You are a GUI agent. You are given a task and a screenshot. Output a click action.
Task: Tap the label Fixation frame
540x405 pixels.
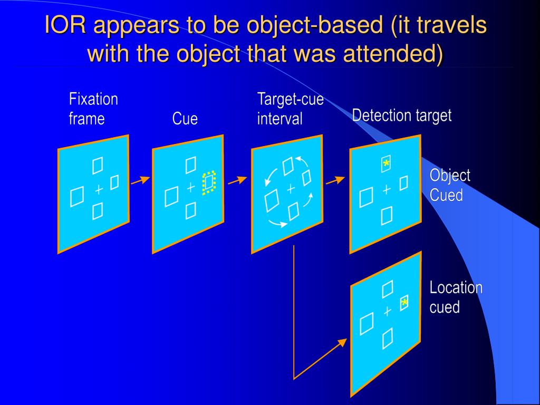[x=93, y=109]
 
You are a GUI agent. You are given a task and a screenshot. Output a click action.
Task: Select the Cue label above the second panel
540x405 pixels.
[x=185, y=119]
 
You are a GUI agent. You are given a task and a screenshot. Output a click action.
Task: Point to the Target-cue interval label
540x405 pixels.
[x=290, y=109]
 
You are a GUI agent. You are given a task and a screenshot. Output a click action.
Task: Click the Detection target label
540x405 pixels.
[x=402, y=115]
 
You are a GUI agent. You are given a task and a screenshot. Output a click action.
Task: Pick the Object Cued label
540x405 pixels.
[x=450, y=185]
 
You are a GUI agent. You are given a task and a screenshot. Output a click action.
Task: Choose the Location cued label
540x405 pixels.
[x=456, y=297]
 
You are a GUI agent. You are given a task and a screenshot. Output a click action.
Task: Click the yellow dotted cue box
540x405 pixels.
[x=209, y=182]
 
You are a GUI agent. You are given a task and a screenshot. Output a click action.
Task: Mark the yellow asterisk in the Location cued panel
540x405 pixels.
[x=404, y=303]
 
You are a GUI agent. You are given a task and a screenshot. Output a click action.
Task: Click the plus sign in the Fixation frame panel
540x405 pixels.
[x=98, y=189]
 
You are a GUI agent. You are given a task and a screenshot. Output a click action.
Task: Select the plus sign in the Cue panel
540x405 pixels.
[x=191, y=188]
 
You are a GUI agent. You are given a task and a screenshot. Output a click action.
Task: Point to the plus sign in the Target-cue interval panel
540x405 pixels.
[x=290, y=188]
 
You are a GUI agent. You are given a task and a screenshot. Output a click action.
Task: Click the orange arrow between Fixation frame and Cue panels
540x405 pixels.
[x=140, y=181]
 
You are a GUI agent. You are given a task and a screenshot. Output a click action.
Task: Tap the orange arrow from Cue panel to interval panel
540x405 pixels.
[x=238, y=180]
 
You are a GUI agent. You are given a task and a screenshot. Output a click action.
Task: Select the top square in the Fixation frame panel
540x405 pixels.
[x=98, y=166]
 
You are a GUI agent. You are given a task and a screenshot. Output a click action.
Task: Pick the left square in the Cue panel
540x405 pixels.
[x=171, y=198]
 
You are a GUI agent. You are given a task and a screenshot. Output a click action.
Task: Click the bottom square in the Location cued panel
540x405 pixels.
[x=388, y=337]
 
